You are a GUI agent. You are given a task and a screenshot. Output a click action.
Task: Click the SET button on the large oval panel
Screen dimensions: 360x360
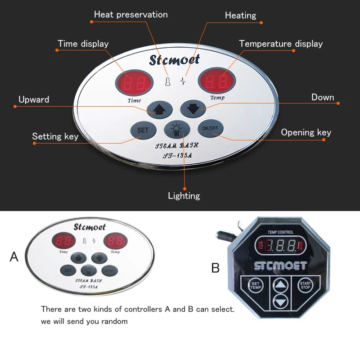(143, 130)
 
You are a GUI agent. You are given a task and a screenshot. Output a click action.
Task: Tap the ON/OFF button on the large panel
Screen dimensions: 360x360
(210, 128)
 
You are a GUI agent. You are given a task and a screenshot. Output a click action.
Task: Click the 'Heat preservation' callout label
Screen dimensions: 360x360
(130, 15)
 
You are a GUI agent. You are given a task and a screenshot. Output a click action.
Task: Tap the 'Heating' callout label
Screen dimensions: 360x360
(240, 16)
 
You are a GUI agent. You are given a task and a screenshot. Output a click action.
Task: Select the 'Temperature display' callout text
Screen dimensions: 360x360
(281, 44)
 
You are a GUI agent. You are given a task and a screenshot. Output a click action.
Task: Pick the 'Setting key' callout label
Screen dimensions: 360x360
(55, 136)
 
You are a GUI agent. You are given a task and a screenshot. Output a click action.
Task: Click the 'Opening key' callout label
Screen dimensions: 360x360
(306, 132)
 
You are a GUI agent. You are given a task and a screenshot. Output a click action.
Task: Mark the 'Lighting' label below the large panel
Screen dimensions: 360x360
(184, 196)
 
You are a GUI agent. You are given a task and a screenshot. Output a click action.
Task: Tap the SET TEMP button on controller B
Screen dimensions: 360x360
(255, 285)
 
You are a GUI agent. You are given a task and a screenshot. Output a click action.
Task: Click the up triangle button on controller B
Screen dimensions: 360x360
(280, 284)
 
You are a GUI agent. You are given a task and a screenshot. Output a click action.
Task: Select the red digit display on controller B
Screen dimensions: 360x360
(280, 246)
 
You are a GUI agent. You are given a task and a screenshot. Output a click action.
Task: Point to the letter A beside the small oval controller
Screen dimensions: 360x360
(14, 257)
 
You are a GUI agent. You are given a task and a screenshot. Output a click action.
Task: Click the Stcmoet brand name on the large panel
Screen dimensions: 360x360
(175, 59)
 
